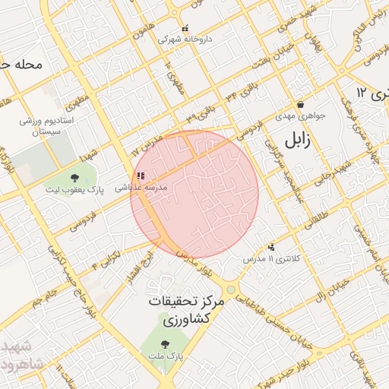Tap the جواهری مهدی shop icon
300,105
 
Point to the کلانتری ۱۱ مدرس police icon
271,247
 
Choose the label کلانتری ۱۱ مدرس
271,259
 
